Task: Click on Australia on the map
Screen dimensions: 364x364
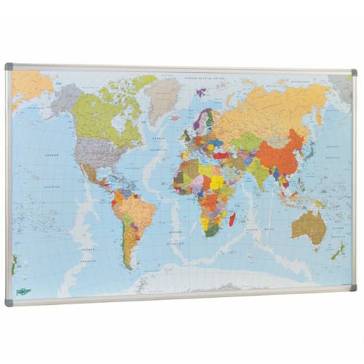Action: (x=309, y=226)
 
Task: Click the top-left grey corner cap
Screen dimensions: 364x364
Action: (x=9, y=66)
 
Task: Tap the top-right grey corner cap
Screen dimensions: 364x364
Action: (x=353, y=73)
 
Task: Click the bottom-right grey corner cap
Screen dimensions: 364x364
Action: (x=353, y=288)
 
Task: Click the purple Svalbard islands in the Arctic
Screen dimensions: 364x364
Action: (x=202, y=92)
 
